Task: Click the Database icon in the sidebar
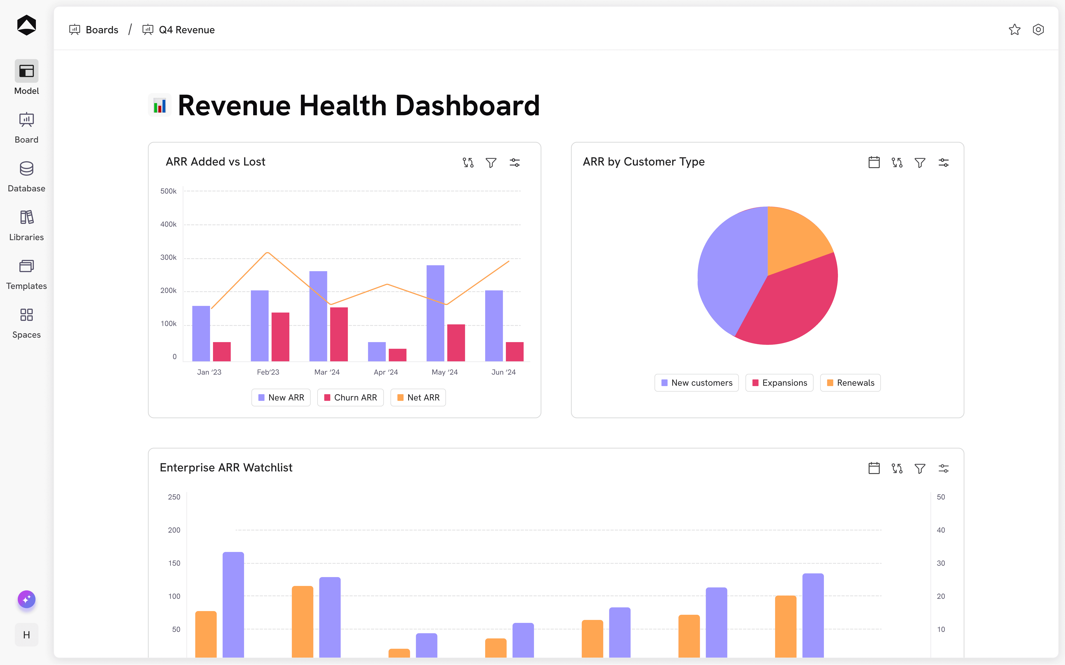(26, 168)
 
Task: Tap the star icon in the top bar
(1014, 30)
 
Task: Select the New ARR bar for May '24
(435, 313)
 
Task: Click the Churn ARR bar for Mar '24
(339, 334)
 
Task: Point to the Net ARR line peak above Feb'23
(268, 253)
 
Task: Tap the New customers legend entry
(697, 383)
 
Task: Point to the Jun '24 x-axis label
(503, 372)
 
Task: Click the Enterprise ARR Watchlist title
(226, 468)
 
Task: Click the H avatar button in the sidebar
(26, 635)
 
